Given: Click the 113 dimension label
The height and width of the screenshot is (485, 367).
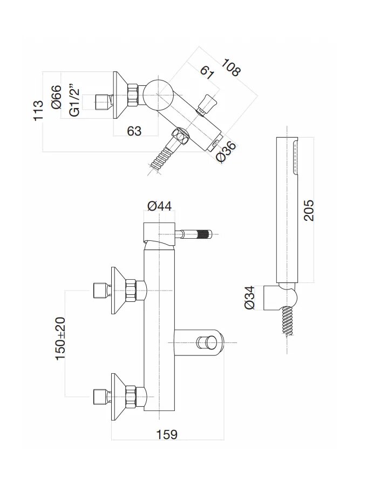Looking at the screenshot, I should (38, 111).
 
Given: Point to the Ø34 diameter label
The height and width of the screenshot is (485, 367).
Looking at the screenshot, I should (249, 298).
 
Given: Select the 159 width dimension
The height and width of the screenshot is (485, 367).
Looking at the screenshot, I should (167, 434).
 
